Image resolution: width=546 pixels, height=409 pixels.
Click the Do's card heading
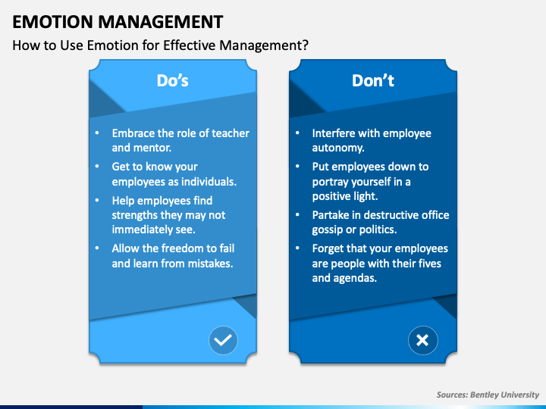(x=173, y=80)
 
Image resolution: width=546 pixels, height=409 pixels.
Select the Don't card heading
(x=373, y=80)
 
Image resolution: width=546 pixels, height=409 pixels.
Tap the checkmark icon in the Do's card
(x=223, y=341)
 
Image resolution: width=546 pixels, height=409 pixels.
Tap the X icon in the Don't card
(x=422, y=341)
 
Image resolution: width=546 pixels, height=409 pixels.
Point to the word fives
(x=427, y=263)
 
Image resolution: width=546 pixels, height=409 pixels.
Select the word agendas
(x=356, y=277)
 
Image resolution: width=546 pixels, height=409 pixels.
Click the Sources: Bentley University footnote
(x=488, y=395)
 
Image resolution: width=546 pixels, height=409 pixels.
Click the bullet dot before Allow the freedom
(x=97, y=248)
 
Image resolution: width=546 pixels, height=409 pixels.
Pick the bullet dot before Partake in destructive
(x=297, y=215)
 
